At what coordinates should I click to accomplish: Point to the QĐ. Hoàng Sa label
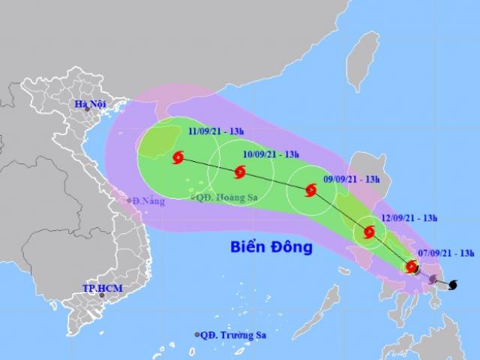click(x=221, y=198)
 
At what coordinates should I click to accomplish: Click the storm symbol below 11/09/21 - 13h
click(x=178, y=157)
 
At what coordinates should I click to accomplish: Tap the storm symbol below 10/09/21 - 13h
click(x=239, y=172)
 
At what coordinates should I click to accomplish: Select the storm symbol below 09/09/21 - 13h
click(x=310, y=191)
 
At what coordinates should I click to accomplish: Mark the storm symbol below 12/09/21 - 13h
click(x=368, y=232)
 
